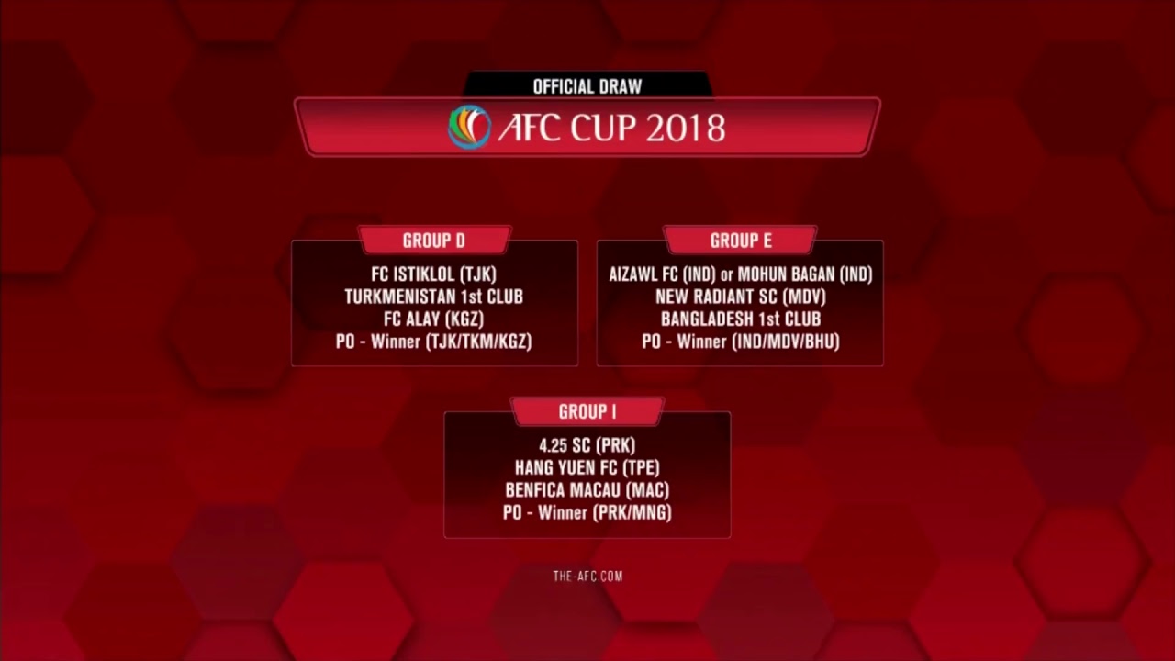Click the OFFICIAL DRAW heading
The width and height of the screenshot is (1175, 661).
coord(587,86)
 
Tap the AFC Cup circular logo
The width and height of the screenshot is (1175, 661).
coord(469,128)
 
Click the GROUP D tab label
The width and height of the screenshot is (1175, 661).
coord(433,241)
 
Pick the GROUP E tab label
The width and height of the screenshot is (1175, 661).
coord(740,241)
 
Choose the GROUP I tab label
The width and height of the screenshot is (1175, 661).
coord(587,412)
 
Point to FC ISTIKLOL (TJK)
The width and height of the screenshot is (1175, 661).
coord(433,274)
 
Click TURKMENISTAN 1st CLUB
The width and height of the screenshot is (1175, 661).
coord(433,297)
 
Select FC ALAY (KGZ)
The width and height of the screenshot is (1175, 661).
coord(433,319)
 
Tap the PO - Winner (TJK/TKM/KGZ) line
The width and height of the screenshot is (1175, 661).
coord(433,342)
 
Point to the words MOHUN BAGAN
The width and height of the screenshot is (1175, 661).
coord(786,274)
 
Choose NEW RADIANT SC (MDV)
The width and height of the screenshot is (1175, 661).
coord(740,297)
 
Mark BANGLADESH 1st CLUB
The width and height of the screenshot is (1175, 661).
coord(740,319)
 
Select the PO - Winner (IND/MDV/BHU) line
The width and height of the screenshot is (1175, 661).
coord(740,342)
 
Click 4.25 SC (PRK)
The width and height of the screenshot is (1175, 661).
coord(587,446)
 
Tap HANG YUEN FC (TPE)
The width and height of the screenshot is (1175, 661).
coord(587,468)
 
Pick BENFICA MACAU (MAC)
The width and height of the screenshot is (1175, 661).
coord(587,490)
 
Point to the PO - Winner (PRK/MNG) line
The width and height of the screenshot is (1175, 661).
coord(587,513)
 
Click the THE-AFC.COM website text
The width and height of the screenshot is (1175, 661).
coord(587,577)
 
